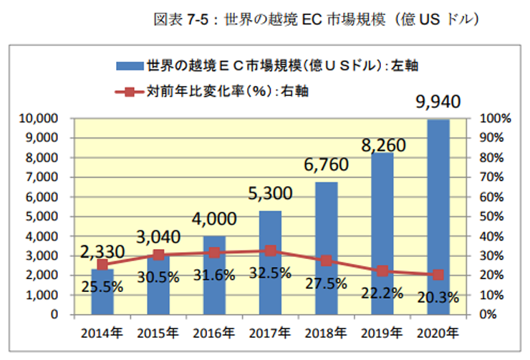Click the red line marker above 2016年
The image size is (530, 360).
pos(214,253)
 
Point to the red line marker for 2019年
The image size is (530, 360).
pos(382,271)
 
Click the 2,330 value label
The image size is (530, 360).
pos(102,251)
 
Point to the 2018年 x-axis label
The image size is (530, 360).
pos(326,333)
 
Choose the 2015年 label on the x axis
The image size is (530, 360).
pos(158,333)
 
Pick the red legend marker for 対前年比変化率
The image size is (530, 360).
pos(129,91)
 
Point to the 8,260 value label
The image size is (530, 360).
pos(382,147)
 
